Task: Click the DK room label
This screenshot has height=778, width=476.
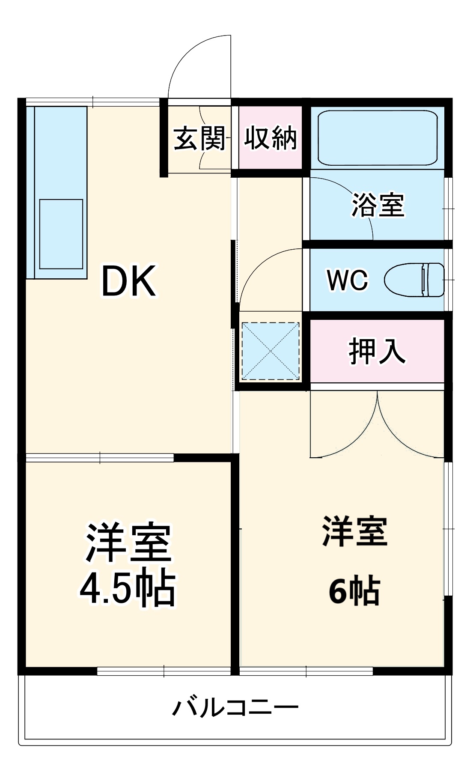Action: pyautogui.click(x=128, y=281)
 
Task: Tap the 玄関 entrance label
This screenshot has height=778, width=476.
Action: pyautogui.click(x=199, y=138)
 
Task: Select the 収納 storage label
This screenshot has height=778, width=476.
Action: pyautogui.click(x=271, y=138)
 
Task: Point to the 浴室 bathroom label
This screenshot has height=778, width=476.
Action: pyautogui.click(x=378, y=205)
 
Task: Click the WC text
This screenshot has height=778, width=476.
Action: pyautogui.click(x=347, y=280)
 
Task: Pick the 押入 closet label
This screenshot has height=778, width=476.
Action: pyautogui.click(x=377, y=352)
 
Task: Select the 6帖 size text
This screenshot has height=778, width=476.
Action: pyautogui.click(x=354, y=590)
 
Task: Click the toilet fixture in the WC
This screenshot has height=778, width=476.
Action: pyautogui.click(x=414, y=280)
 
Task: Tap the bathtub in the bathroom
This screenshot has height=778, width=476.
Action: pyautogui.click(x=377, y=138)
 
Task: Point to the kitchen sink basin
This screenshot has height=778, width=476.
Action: pyautogui.click(x=61, y=234)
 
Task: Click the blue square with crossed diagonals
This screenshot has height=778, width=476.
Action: pyautogui.click(x=271, y=351)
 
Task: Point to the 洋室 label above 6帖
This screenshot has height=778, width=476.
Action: pyautogui.click(x=354, y=531)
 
